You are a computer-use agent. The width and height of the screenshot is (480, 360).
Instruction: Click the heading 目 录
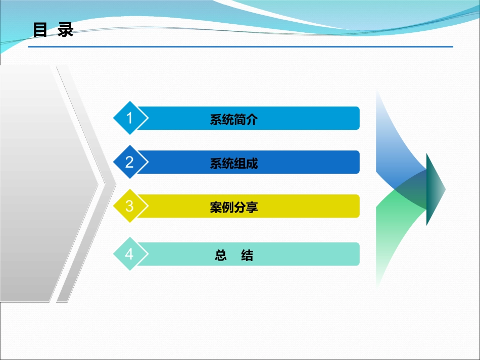point(53,30)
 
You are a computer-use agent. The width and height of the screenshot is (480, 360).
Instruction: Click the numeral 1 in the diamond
point(129,118)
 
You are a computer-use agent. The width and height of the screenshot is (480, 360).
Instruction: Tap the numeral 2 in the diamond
point(129,162)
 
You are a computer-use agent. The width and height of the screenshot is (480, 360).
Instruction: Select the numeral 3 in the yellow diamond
point(129,206)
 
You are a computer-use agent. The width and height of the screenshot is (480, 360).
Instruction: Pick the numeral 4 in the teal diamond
point(129,254)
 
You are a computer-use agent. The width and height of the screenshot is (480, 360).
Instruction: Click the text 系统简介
point(234,120)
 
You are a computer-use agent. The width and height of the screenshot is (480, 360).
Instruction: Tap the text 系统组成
point(234,164)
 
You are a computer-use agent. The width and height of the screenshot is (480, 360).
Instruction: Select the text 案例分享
point(234,208)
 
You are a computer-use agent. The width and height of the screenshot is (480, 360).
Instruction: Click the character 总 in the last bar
point(221,255)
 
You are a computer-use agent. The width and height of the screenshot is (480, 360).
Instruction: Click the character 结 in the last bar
point(247,255)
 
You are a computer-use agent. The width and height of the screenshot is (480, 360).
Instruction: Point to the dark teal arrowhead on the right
point(435,189)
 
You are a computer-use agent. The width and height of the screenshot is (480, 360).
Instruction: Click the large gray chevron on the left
point(45,182)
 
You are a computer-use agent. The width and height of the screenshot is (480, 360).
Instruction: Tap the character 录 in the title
point(66,30)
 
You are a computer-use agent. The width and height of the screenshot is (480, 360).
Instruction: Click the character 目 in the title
point(40,30)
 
